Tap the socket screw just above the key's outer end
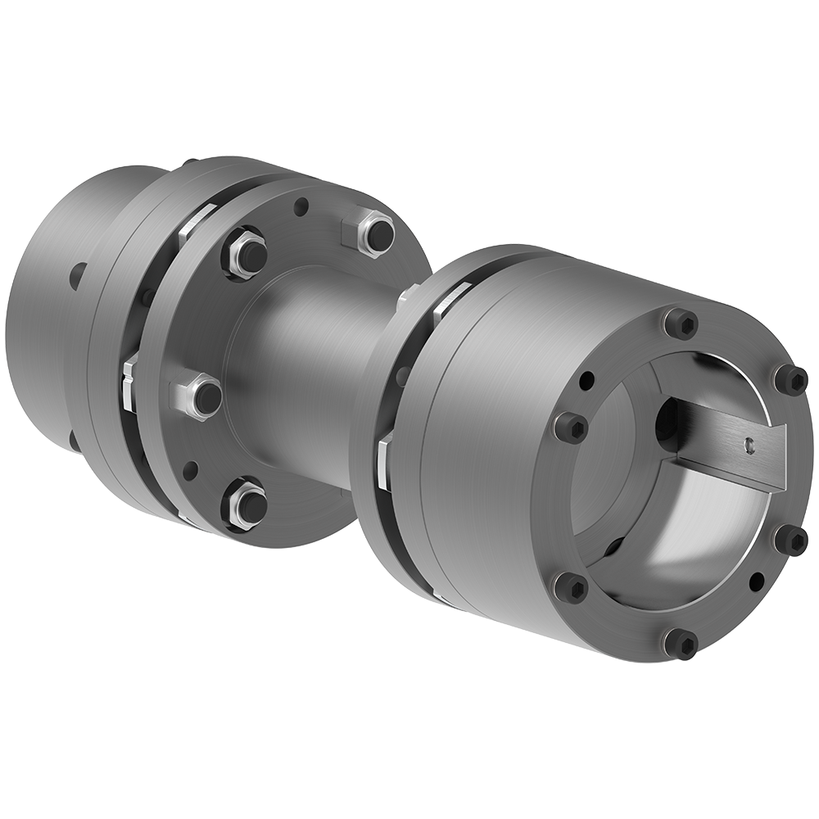tap(790, 378)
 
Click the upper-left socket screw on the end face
tap(571, 426)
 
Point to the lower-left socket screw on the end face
tap(571, 586)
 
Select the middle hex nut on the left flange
tap(201, 396)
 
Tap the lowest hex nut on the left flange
tap(245, 505)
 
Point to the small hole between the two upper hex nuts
tap(301, 206)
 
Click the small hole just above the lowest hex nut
tap(190, 471)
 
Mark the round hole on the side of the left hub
tap(78, 275)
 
